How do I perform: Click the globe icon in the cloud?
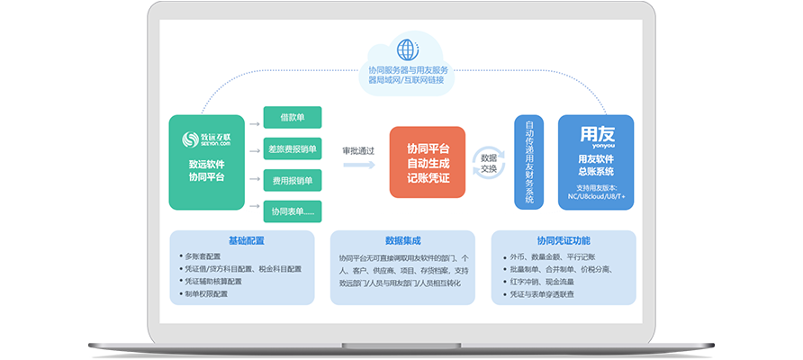[x=408, y=48]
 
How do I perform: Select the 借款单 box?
[x=292, y=117]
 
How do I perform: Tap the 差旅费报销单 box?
[x=292, y=148]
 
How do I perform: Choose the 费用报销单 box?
[x=292, y=180]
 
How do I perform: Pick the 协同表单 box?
[x=292, y=211]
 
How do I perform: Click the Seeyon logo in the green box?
[x=206, y=139]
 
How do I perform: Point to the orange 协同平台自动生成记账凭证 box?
[x=428, y=162]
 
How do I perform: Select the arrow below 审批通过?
[x=358, y=165]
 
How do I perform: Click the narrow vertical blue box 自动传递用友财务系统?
[x=529, y=162]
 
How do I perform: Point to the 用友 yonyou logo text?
[x=595, y=136]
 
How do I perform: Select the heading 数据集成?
[x=402, y=241]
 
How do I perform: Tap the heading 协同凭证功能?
[x=564, y=241]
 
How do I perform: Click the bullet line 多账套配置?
[x=209, y=256]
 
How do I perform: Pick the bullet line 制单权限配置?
[x=208, y=293]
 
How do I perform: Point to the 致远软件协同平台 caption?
[x=206, y=171]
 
